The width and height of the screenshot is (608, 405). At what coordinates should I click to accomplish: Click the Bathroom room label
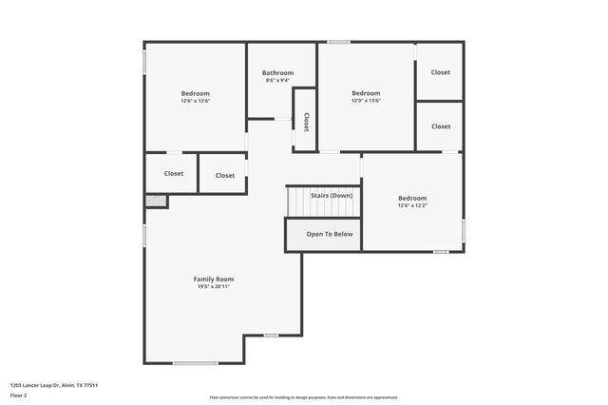[278, 73]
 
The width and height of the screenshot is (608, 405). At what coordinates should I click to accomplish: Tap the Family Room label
[213, 280]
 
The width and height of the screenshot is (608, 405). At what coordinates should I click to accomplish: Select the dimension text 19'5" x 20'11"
[213, 287]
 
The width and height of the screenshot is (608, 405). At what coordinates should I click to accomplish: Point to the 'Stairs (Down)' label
[332, 195]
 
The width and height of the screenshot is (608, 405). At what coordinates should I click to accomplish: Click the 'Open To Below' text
[329, 234]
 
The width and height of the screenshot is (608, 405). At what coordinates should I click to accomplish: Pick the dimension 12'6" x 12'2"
[412, 205]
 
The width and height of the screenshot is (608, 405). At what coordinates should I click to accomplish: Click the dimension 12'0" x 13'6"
[366, 101]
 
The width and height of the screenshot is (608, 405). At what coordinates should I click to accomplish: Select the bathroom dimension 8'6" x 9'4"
[278, 81]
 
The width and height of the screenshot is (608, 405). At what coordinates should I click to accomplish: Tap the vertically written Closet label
[306, 122]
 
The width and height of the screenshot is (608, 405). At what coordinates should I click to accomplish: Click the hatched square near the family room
[156, 201]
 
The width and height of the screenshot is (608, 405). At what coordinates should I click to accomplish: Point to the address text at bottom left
[54, 385]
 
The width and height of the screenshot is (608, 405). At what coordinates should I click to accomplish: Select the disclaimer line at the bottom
[303, 397]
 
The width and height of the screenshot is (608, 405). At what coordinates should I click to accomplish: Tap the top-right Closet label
[441, 72]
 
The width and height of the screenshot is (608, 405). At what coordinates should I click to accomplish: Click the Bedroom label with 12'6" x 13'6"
[196, 93]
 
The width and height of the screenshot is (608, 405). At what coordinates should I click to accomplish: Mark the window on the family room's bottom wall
[195, 362]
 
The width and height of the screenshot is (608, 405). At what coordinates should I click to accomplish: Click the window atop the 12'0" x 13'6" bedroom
[338, 42]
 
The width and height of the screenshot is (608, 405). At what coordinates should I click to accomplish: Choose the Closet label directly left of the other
[174, 174]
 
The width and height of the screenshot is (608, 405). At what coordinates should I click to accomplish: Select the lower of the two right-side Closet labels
[441, 126]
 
